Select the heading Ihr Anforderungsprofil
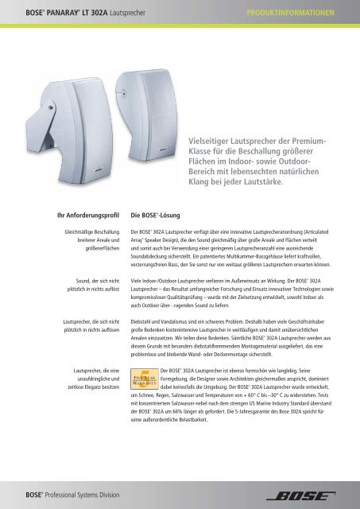pos(75,214)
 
